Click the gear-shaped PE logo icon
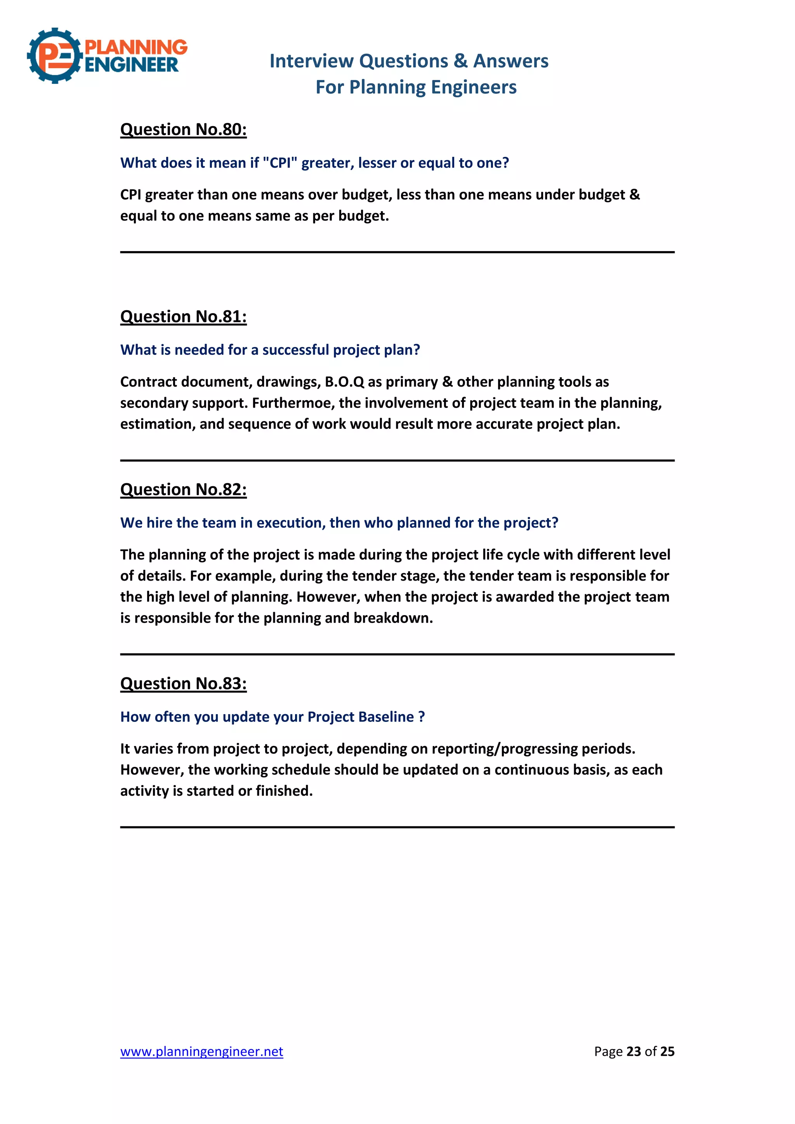(x=54, y=56)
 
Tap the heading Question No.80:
(x=183, y=129)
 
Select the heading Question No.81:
(x=183, y=316)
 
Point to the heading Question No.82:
(x=183, y=489)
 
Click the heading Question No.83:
(x=183, y=683)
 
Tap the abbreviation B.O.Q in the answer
(x=345, y=382)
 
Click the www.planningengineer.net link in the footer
(x=202, y=1051)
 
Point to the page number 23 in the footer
(x=634, y=1051)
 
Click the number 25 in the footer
(x=667, y=1051)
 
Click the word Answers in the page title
(x=510, y=61)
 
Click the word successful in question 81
(x=296, y=350)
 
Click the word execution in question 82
(x=291, y=523)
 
